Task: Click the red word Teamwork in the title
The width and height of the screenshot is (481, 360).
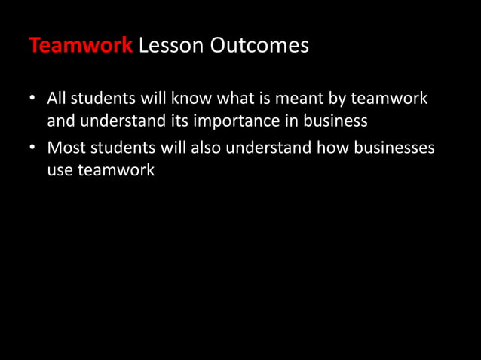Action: click(81, 46)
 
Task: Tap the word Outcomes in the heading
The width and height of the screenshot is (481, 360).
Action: click(259, 46)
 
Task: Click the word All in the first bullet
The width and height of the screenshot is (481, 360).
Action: click(57, 99)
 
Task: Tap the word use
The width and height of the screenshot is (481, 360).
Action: click(60, 170)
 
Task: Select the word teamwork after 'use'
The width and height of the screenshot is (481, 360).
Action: click(116, 170)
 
